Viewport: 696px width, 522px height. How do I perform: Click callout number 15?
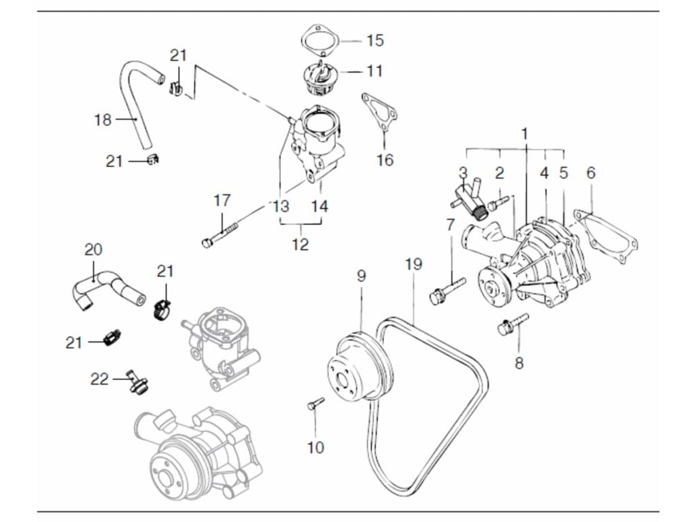click(x=375, y=41)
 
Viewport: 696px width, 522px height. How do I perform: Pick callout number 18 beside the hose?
click(x=103, y=120)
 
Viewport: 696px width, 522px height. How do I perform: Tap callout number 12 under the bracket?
click(x=300, y=243)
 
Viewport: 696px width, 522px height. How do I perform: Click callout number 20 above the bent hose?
click(x=93, y=250)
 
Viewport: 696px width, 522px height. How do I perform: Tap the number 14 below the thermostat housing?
click(x=319, y=205)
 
